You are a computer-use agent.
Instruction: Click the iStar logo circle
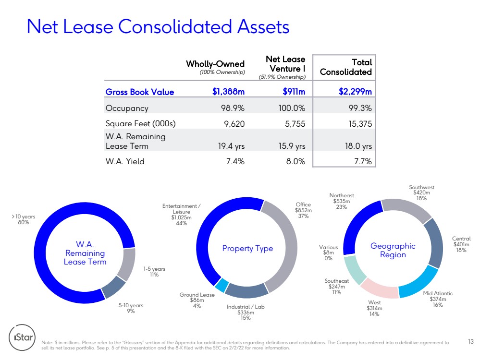coord(22,337)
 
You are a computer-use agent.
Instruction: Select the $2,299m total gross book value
coord(355,92)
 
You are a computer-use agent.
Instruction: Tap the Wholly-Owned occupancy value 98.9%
coord(233,108)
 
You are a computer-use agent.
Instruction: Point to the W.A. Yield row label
coord(125,161)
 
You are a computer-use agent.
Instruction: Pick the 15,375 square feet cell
coord(360,124)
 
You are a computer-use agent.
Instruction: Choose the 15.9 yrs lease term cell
coord(292,146)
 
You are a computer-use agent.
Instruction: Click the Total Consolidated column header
coord(346,67)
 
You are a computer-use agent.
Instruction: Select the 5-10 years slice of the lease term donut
coord(114,287)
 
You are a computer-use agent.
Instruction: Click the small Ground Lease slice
coord(222,285)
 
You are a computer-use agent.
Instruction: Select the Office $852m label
coord(303,210)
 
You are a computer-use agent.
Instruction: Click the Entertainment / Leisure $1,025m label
coord(181,215)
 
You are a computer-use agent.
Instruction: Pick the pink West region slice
coord(380,288)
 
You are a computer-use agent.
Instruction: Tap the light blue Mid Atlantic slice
coord(418,282)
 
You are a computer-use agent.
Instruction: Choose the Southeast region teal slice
coord(355,270)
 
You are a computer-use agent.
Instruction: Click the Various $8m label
coord(329,252)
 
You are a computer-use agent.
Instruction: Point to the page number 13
coord(471,341)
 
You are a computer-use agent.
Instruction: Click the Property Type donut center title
coord(247,248)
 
